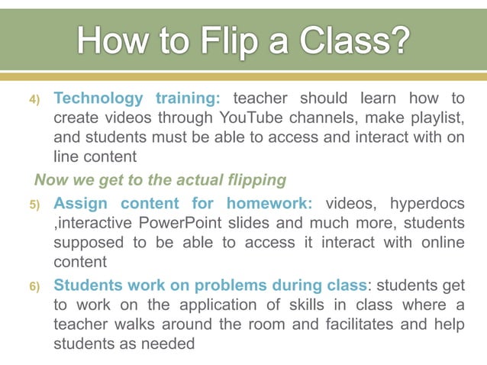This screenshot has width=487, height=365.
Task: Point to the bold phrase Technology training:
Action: [137, 98]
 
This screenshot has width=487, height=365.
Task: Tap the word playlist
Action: [434, 118]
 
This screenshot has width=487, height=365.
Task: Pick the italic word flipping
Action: [254, 180]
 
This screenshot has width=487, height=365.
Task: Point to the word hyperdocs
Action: [427, 204]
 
